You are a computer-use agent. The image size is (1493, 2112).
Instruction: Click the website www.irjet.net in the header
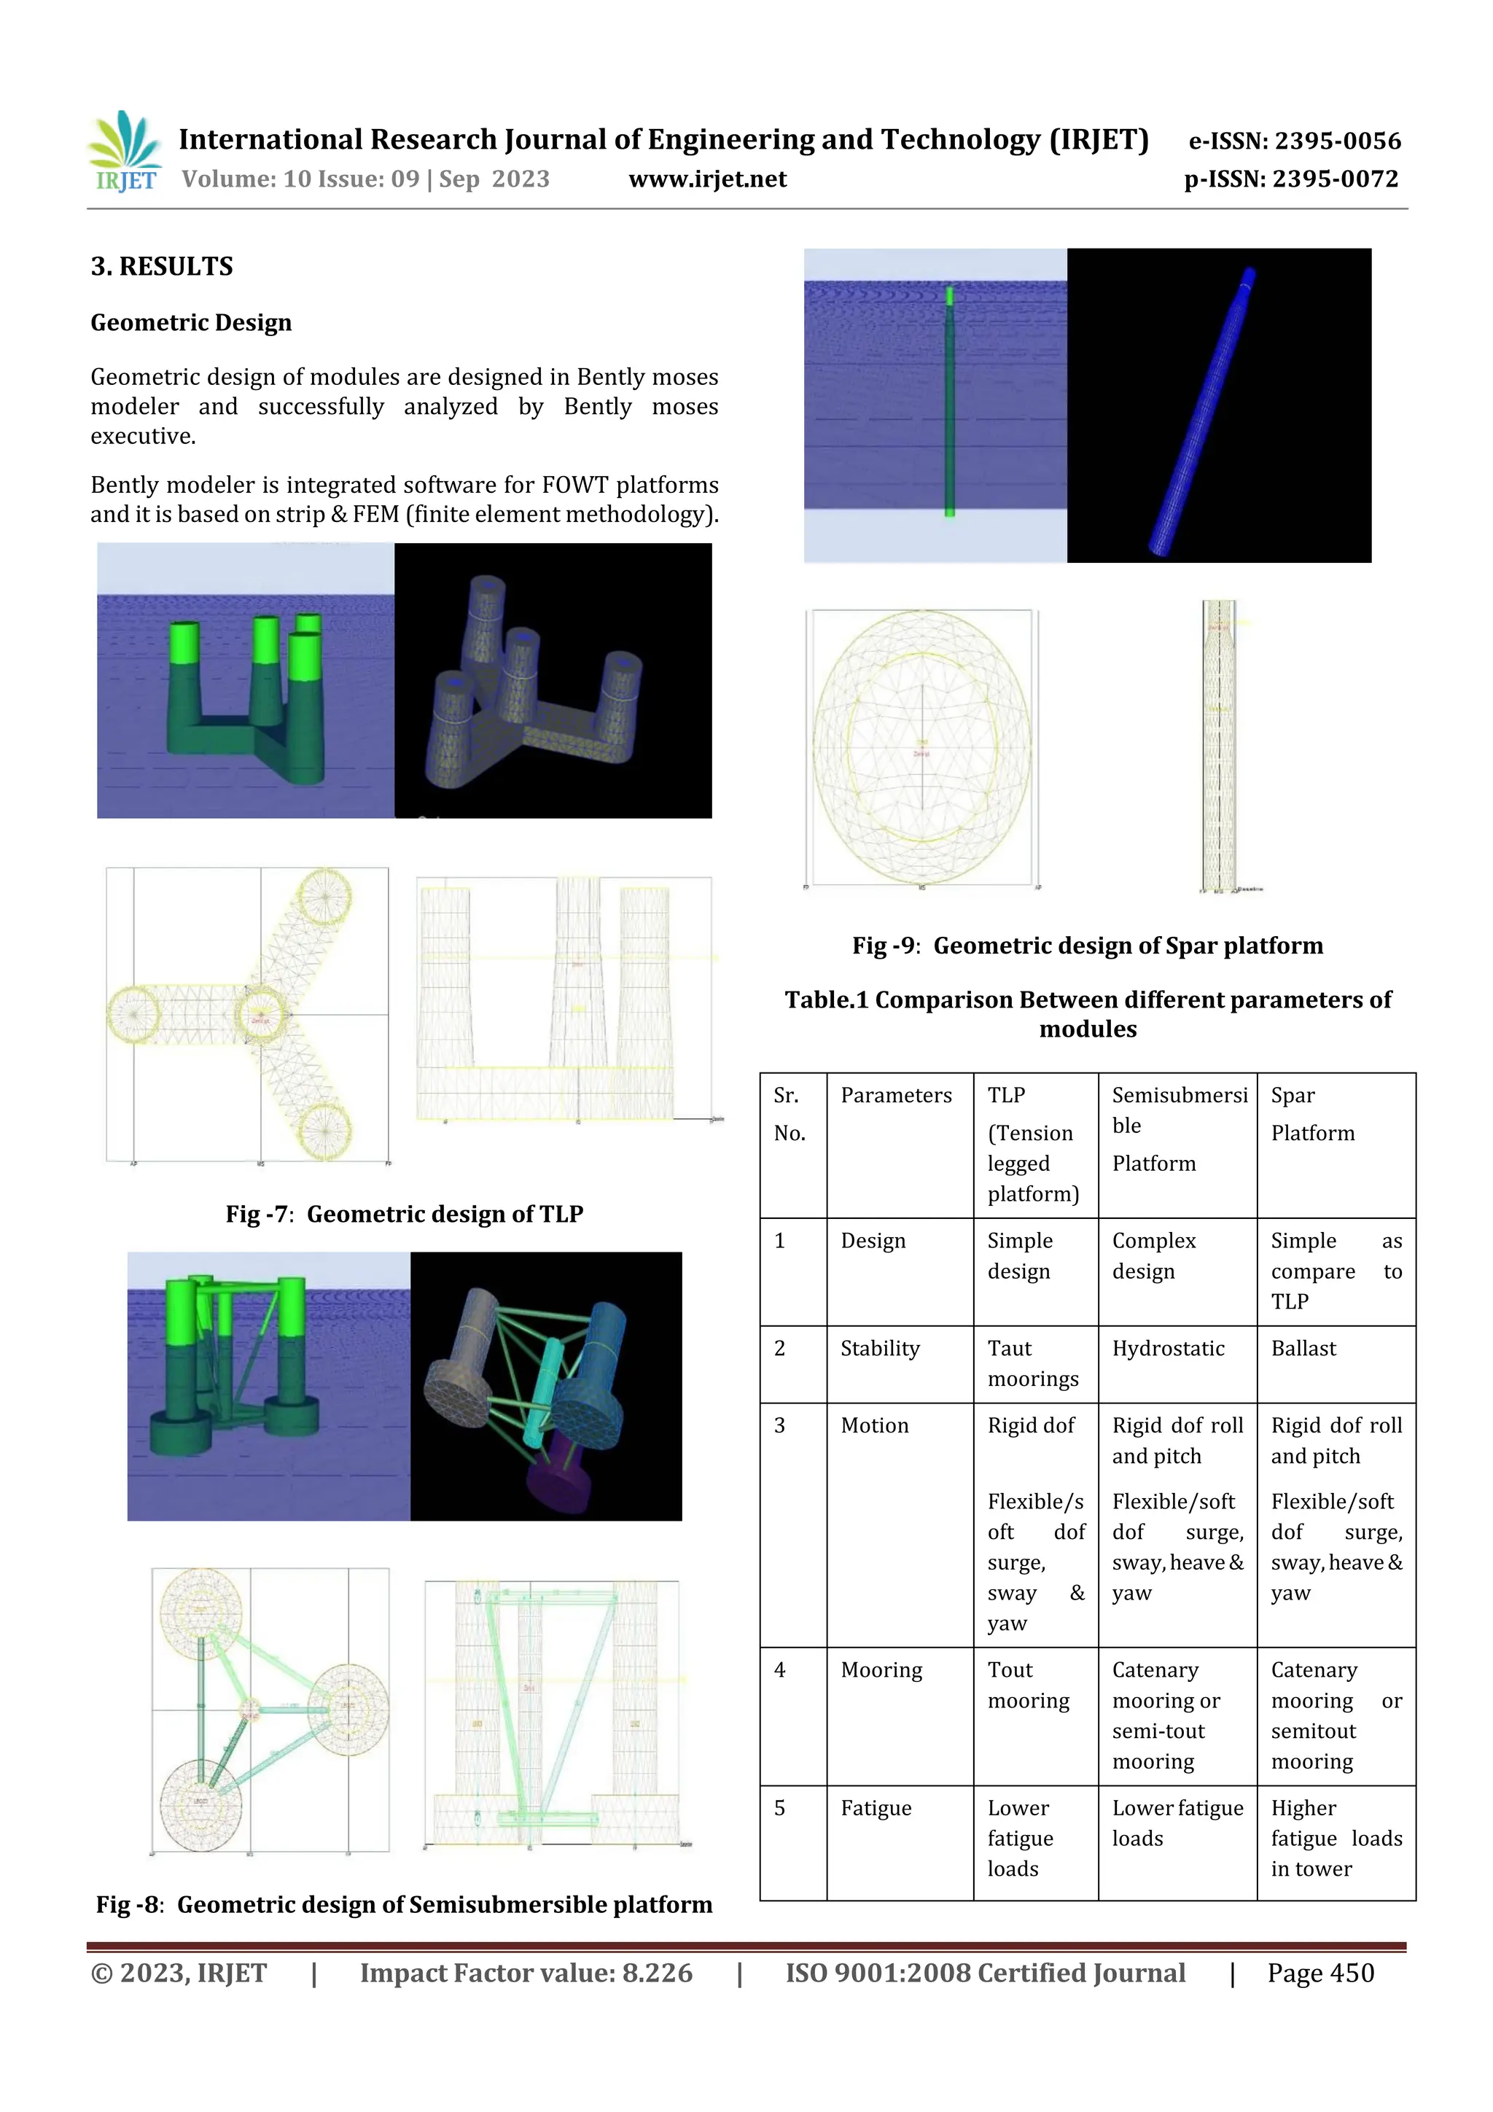(707, 179)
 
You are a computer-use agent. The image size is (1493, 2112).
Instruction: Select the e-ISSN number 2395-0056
(1294, 141)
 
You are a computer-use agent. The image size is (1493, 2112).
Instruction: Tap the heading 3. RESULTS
(162, 267)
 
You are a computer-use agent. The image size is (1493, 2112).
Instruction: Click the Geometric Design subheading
(190, 323)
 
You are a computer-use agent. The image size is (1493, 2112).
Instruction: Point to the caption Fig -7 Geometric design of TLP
(404, 1215)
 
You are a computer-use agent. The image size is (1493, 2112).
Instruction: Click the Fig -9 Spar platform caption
(1088, 946)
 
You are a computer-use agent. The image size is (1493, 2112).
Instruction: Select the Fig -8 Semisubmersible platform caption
(404, 1904)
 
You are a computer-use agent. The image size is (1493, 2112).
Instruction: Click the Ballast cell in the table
(1303, 1349)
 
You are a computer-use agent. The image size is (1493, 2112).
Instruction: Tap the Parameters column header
(895, 1096)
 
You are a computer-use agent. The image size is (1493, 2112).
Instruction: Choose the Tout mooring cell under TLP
(1027, 1686)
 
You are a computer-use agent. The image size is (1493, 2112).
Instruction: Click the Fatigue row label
(875, 1809)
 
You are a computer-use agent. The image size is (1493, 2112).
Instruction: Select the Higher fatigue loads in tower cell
(1336, 1838)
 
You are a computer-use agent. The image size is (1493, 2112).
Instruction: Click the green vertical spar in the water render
(949, 405)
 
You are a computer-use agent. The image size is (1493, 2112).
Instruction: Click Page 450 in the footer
(1320, 1973)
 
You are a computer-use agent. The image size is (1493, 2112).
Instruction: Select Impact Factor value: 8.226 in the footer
(526, 1973)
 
